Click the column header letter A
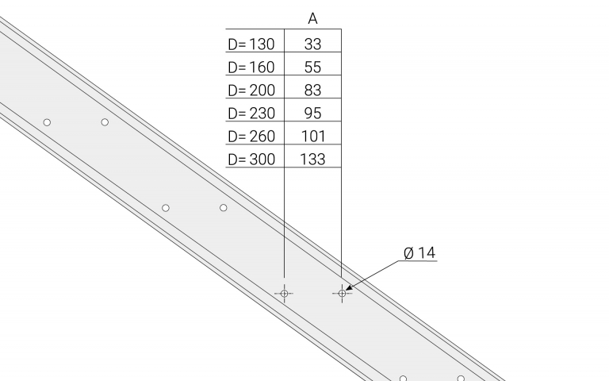click(312, 19)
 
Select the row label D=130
click(251, 44)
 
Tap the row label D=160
click(251, 67)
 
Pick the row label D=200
click(251, 90)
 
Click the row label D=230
click(251, 114)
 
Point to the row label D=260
click(251, 136)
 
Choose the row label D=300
click(251, 159)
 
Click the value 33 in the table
click(312, 44)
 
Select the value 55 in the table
click(312, 67)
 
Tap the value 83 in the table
click(312, 90)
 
